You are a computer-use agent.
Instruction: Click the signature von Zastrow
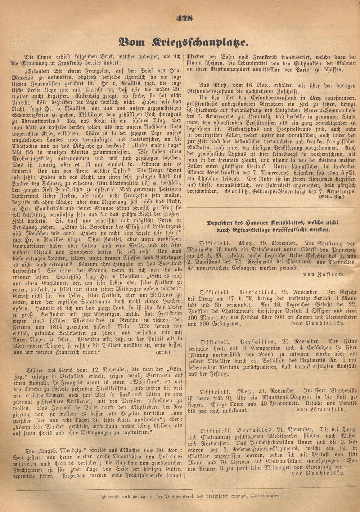point(324,274)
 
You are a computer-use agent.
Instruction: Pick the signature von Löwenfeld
point(319,409)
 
